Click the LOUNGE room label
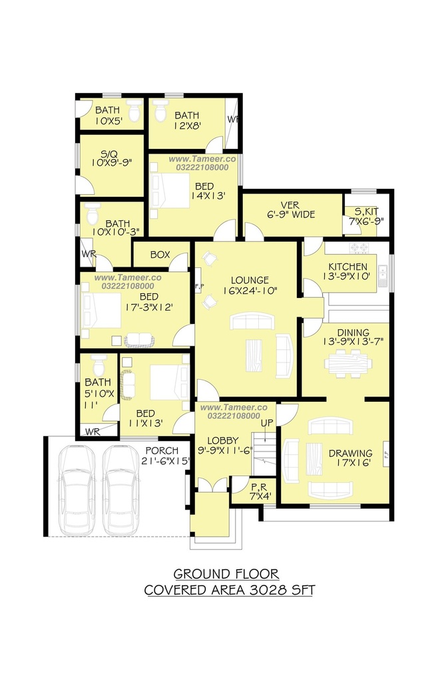250,280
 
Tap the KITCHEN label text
348,267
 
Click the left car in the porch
77,490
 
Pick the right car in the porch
120,490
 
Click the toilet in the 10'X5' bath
134,111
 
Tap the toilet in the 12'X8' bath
161,111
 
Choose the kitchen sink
383,274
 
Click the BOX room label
160,255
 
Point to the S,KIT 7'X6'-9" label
366,216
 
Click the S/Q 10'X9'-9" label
111,158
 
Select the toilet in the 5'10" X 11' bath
99,365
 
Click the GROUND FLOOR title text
226,574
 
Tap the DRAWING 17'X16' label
350,458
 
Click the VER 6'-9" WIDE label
291,209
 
